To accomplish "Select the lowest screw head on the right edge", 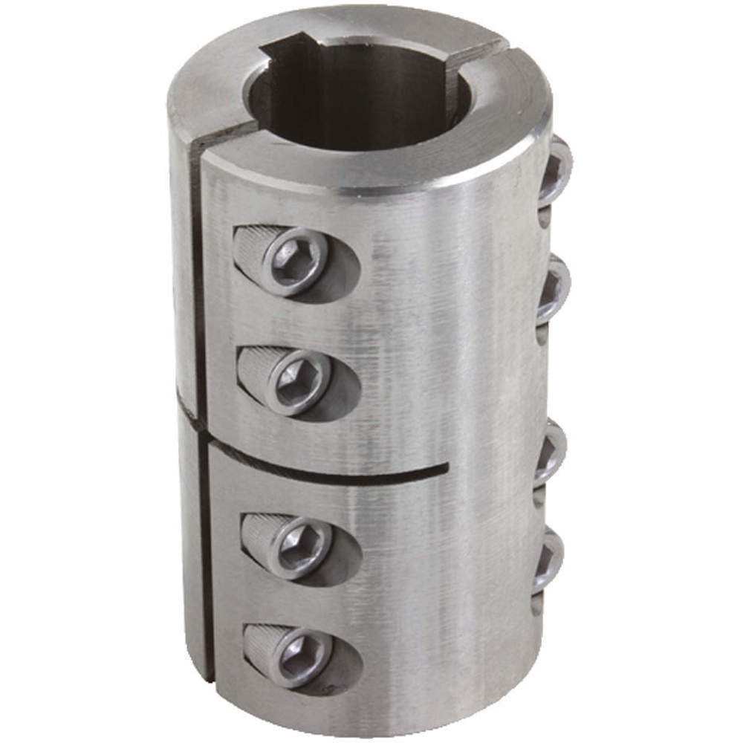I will (x=548, y=562).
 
